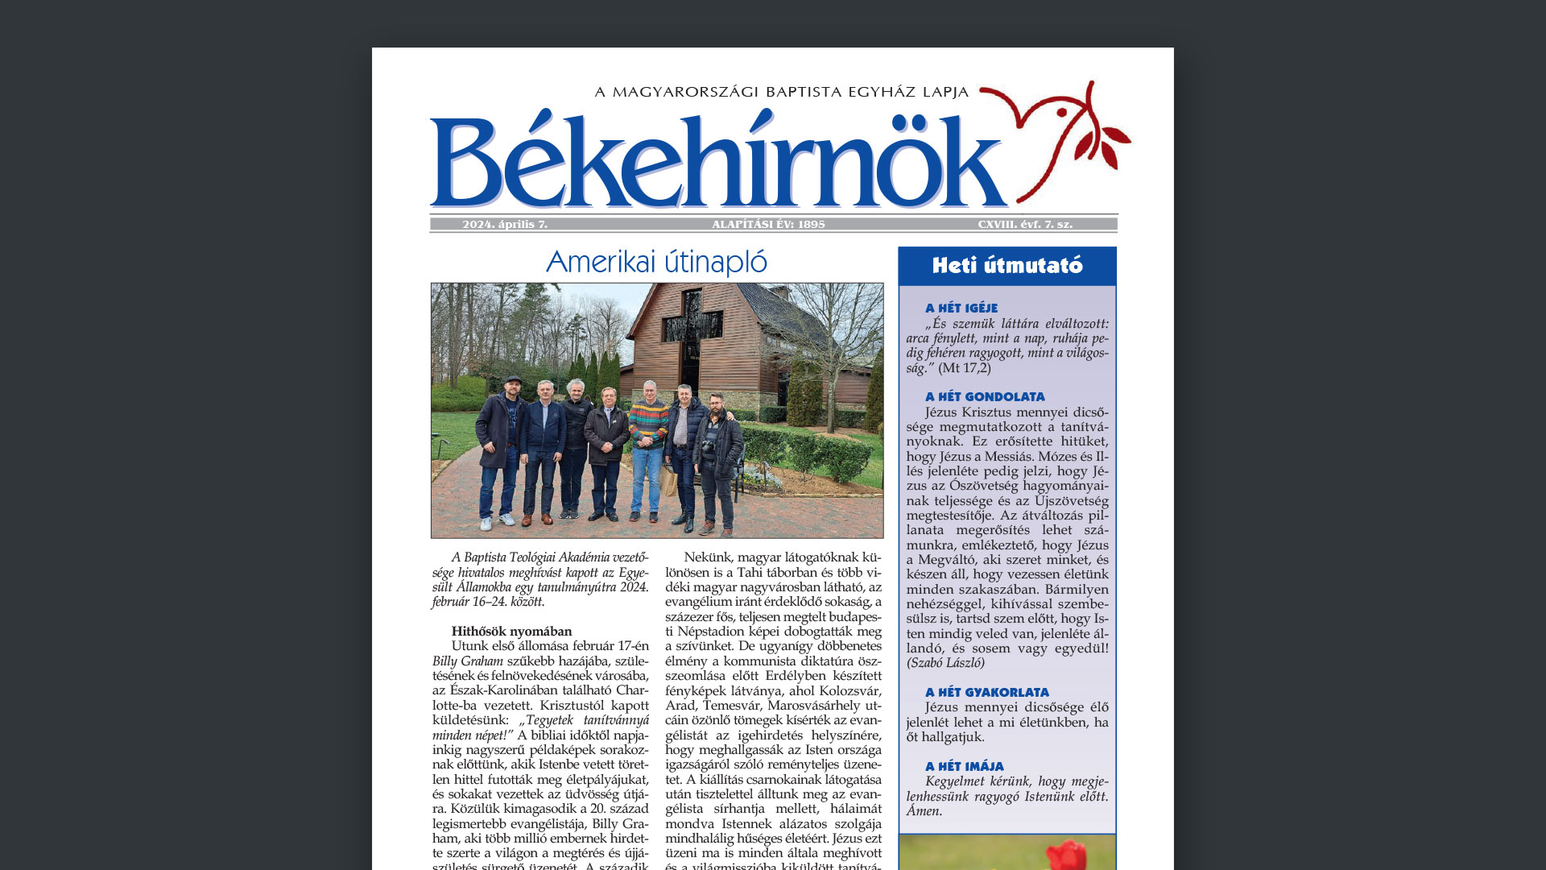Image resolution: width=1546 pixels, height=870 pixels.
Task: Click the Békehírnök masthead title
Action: tap(717, 161)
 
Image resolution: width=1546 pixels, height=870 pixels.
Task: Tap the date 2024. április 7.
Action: tap(505, 225)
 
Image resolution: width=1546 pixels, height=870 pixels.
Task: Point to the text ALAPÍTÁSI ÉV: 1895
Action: tap(768, 225)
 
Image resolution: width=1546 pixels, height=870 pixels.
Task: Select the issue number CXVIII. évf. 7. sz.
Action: tap(1025, 225)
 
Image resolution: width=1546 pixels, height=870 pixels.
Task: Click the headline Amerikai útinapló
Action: tap(656, 262)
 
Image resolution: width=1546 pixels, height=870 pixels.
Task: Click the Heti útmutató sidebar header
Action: tap(1007, 266)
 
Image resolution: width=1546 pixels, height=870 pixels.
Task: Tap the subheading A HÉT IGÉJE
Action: tap(961, 308)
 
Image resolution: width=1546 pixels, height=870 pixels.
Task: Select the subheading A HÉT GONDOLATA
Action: tap(985, 396)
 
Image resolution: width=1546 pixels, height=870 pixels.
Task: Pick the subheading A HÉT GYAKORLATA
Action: tap(987, 692)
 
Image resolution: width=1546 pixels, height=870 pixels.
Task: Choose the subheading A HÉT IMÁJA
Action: tap(965, 766)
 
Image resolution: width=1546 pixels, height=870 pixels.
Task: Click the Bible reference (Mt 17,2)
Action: tap(965, 368)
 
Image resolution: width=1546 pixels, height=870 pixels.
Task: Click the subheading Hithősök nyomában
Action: tap(511, 632)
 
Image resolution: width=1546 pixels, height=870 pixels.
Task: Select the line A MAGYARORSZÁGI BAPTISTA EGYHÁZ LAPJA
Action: tap(782, 92)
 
